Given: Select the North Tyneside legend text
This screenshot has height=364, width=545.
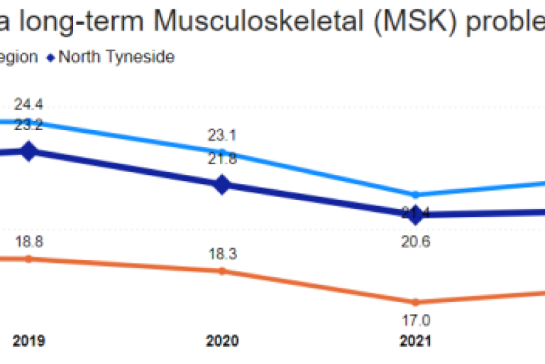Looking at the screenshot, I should [x=116, y=57].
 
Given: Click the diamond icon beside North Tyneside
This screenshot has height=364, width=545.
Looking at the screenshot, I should [x=51, y=57].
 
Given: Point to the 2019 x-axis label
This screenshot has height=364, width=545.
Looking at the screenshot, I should [x=28, y=341].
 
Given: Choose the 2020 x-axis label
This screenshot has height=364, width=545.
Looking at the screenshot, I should [x=222, y=341].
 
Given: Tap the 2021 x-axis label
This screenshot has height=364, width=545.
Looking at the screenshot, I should [x=416, y=341].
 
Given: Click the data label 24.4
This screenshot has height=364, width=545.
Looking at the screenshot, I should [x=28, y=105].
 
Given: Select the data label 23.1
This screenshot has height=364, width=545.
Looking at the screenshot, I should [x=222, y=135].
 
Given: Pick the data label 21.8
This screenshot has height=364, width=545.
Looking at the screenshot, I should [x=222, y=159].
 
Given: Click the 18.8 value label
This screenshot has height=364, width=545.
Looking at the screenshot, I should [x=28, y=242].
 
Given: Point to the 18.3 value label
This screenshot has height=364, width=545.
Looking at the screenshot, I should [x=222, y=254].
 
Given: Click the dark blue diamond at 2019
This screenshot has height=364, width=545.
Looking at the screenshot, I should [x=28, y=151].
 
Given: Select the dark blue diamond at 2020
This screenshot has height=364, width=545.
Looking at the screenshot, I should [x=222, y=185].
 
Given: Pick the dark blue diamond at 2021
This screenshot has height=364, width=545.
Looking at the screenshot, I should [x=416, y=213].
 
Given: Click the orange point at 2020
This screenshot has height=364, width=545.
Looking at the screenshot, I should [x=222, y=271].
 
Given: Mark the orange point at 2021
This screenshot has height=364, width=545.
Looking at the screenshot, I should [x=416, y=301].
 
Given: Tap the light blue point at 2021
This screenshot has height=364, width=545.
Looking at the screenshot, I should [x=416, y=194].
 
